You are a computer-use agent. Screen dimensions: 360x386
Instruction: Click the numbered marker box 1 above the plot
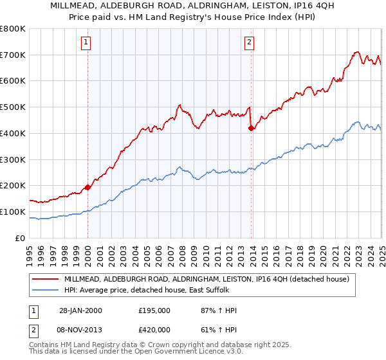86,43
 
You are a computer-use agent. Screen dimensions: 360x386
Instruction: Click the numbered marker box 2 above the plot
249,43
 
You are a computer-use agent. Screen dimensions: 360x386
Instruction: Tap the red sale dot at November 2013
251,129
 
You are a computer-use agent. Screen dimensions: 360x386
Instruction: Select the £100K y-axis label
12,212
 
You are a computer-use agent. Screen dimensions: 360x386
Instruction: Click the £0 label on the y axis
19,238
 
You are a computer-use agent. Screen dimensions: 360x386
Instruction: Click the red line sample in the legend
46,279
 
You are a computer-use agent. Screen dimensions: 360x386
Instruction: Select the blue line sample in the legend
46,290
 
